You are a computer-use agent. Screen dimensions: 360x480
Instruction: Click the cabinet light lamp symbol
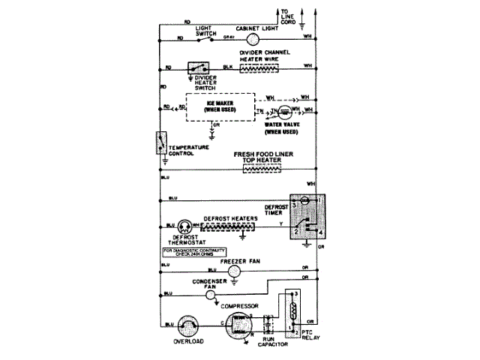[253, 39]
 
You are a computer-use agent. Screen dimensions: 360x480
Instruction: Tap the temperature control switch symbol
[160, 142]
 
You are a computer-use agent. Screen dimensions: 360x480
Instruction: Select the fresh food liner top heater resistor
[259, 169]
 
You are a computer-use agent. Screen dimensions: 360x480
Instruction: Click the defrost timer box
[307, 217]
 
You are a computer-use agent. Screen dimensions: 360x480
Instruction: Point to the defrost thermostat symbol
[184, 225]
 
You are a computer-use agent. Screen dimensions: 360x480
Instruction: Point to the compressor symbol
[239, 325]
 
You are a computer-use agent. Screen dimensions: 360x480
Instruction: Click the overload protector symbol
[184, 325]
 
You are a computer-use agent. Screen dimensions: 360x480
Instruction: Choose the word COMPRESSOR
[239, 306]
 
